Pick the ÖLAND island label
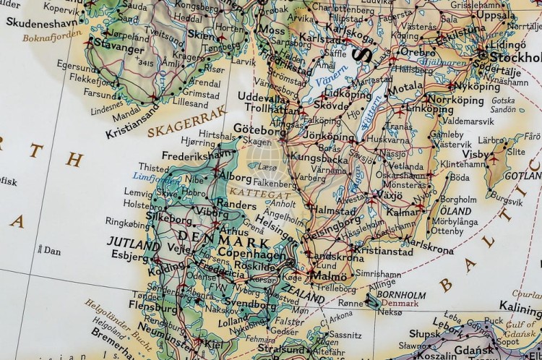pos(452,210)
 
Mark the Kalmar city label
pos(403,214)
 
